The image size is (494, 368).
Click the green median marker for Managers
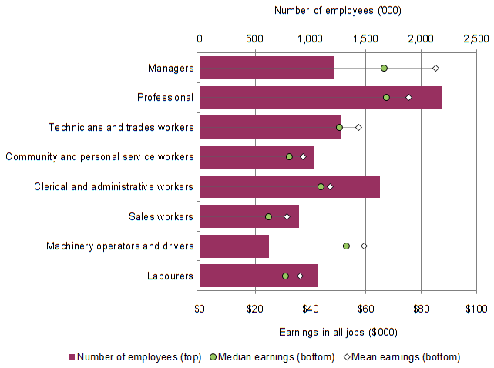click(384, 69)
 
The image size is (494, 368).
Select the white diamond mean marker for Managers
click(435, 69)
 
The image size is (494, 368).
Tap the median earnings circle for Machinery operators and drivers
click(346, 246)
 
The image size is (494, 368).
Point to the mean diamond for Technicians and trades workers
click(358, 127)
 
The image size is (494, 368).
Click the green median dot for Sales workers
click(268, 216)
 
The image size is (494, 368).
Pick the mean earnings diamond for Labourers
click(300, 276)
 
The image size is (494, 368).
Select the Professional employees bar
click(320, 98)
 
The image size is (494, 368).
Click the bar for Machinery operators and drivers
click(234, 246)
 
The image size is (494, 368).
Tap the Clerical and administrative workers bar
click(289, 186)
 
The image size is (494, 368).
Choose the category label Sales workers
click(162, 216)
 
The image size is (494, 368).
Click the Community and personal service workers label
click(99, 157)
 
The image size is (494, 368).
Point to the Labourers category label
click(170, 276)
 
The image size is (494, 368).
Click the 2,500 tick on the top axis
click(476, 38)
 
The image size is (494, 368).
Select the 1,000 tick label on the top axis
click(310, 38)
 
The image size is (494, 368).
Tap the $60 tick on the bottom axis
click(365, 309)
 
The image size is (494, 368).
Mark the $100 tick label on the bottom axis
click(476, 309)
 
